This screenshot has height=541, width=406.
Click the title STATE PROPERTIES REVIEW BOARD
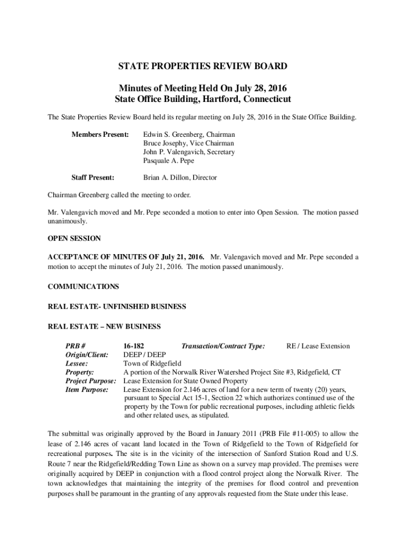pyautogui.click(x=203, y=66)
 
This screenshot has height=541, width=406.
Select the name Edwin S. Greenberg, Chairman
pyautogui.click(x=189, y=135)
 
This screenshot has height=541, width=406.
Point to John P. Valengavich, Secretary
pyautogui.click(x=189, y=152)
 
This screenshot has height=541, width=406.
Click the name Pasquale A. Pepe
pyautogui.click(x=169, y=160)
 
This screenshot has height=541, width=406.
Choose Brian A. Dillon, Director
pyautogui.click(x=180, y=178)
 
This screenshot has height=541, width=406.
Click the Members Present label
pyautogui.click(x=100, y=135)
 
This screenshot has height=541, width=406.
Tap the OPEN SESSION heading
pyautogui.click(x=74, y=239)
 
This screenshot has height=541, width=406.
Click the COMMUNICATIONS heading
pyautogui.click(x=83, y=286)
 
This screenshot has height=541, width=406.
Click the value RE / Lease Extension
pyautogui.click(x=318, y=346)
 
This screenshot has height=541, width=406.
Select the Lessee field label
pyautogui.click(x=76, y=363)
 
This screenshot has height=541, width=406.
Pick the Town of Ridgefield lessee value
pyautogui.click(x=152, y=363)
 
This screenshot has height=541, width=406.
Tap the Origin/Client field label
pyautogui.click(x=87, y=355)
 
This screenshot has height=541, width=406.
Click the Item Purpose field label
pyautogui.click(x=87, y=389)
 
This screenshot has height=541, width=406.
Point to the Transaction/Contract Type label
pyautogui.click(x=223, y=346)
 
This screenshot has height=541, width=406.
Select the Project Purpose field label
pyautogui.click(x=91, y=380)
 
